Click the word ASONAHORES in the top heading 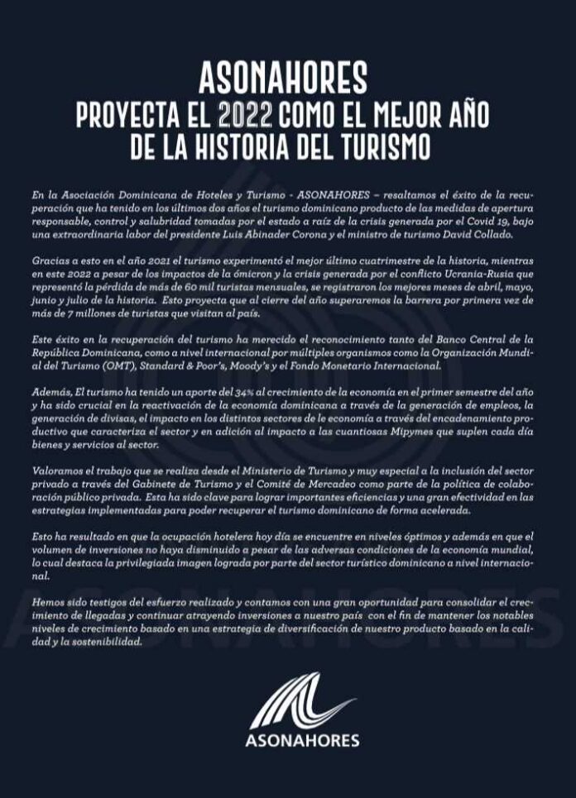pyautogui.click(x=283, y=80)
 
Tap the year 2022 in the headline pyautogui.click(x=238, y=115)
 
